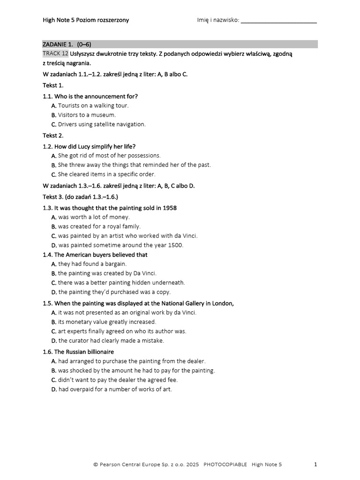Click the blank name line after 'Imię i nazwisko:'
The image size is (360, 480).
(279, 21)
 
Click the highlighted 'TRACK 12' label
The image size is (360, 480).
(55, 54)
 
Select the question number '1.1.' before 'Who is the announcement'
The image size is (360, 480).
(48, 96)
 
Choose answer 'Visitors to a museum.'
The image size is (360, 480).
(87, 115)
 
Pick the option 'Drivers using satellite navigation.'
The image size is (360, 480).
(102, 124)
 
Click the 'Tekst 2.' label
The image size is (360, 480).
(53, 135)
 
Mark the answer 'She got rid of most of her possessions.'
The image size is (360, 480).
(109, 155)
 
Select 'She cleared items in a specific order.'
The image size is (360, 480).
(106, 174)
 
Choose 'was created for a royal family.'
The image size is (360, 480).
(99, 226)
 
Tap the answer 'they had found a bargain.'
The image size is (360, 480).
(92, 264)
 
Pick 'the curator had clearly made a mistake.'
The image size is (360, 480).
(111, 341)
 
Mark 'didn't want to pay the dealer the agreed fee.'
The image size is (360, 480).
(118, 380)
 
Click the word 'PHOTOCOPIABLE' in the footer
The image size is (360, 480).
(225, 465)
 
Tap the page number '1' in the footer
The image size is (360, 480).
(315, 465)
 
